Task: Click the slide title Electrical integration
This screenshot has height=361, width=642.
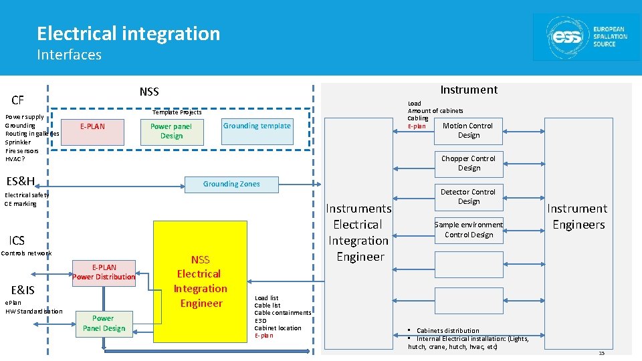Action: pos(128,33)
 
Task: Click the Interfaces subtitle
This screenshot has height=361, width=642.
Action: pos(69,55)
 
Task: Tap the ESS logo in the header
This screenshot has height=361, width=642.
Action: pos(586,36)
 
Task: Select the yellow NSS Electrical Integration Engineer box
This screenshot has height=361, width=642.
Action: pos(200,281)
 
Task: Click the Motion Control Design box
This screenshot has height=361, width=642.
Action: pos(468,130)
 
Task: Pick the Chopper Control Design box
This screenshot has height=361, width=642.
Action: pos(468,163)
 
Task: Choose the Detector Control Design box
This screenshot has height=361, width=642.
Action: pos(468,197)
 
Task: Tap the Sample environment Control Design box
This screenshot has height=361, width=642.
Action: pos(468,229)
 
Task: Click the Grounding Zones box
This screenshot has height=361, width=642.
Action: pos(231,184)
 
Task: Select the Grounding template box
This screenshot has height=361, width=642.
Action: pos(257,130)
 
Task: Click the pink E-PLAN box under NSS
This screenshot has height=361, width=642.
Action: pos(92,131)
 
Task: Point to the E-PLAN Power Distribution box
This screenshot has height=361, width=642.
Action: pos(104,272)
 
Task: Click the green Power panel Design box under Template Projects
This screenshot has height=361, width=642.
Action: pos(171,131)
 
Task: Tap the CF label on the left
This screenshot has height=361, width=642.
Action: pos(17,101)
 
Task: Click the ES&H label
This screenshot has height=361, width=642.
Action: pos(20,181)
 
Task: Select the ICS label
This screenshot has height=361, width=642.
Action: pos(17,241)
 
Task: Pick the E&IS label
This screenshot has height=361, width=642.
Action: pos(23,289)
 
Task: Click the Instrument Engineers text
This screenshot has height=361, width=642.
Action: pos(578,217)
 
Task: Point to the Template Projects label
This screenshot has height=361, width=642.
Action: pos(177,112)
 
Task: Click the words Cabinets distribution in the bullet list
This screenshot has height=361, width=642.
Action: pos(447,331)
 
